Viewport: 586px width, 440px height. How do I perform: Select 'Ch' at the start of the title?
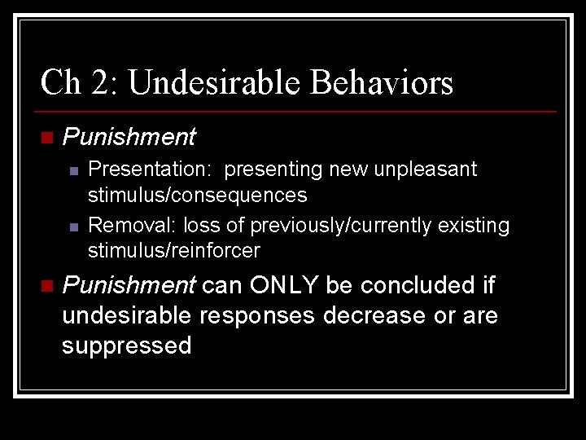[x=58, y=82]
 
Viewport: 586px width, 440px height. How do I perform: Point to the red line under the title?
[x=298, y=111]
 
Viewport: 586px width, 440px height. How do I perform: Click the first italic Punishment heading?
[x=129, y=137]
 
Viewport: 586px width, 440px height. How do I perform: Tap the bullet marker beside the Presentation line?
[x=74, y=170]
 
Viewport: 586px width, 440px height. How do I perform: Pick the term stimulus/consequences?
[x=197, y=195]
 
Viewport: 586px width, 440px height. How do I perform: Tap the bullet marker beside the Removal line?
[x=74, y=226]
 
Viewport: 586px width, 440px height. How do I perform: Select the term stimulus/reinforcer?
[x=173, y=250]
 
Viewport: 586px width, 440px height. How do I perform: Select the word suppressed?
[x=126, y=345]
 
